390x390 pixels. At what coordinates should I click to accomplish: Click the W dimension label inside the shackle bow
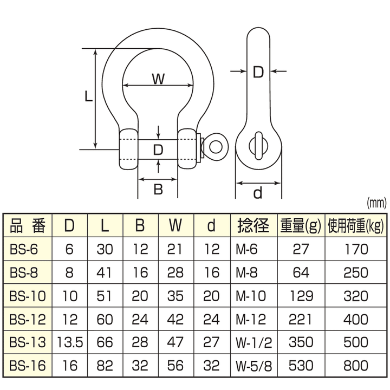pyautogui.click(x=158, y=79)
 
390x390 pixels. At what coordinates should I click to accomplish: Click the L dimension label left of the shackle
pyautogui.click(x=89, y=97)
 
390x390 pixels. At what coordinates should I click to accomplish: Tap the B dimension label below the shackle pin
pyautogui.click(x=158, y=189)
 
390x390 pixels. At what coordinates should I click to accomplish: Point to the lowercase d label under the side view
pyautogui.click(x=258, y=193)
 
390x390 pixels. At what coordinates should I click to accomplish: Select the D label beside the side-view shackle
pyautogui.click(x=258, y=71)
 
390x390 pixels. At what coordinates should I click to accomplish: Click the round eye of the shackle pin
pyautogui.click(x=216, y=146)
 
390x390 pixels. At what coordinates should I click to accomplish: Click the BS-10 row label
pyautogui.click(x=28, y=296)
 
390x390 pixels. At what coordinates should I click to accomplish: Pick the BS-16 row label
pyautogui.click(x=28, y=366)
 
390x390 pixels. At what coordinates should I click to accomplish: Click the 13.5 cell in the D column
pyautogui.click(x=70, y=342)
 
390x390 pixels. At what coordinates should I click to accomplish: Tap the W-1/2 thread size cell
pyautogui.click(x=253, y=342)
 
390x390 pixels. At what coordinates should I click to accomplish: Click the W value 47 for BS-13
pyautogui.click(x=175, y=342)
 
